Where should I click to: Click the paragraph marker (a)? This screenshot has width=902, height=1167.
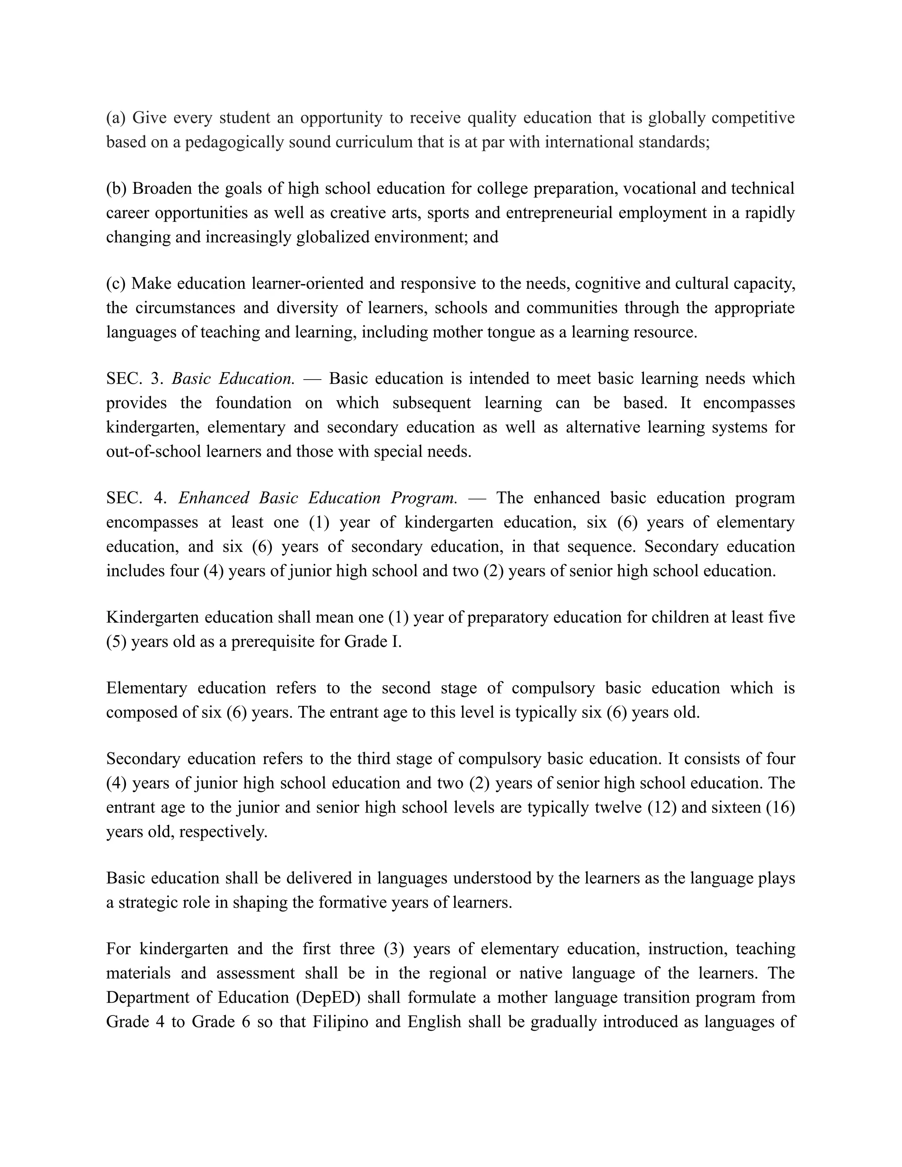(115, 118)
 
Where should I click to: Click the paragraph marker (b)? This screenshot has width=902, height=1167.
(116, 188)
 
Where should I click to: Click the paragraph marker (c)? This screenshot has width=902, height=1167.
(115, 284)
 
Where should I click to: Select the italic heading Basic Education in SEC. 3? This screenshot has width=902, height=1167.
(233, 378)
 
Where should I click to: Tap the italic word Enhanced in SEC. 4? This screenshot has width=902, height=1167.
(213, 498)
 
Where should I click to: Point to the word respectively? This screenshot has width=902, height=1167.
(223, 831)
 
